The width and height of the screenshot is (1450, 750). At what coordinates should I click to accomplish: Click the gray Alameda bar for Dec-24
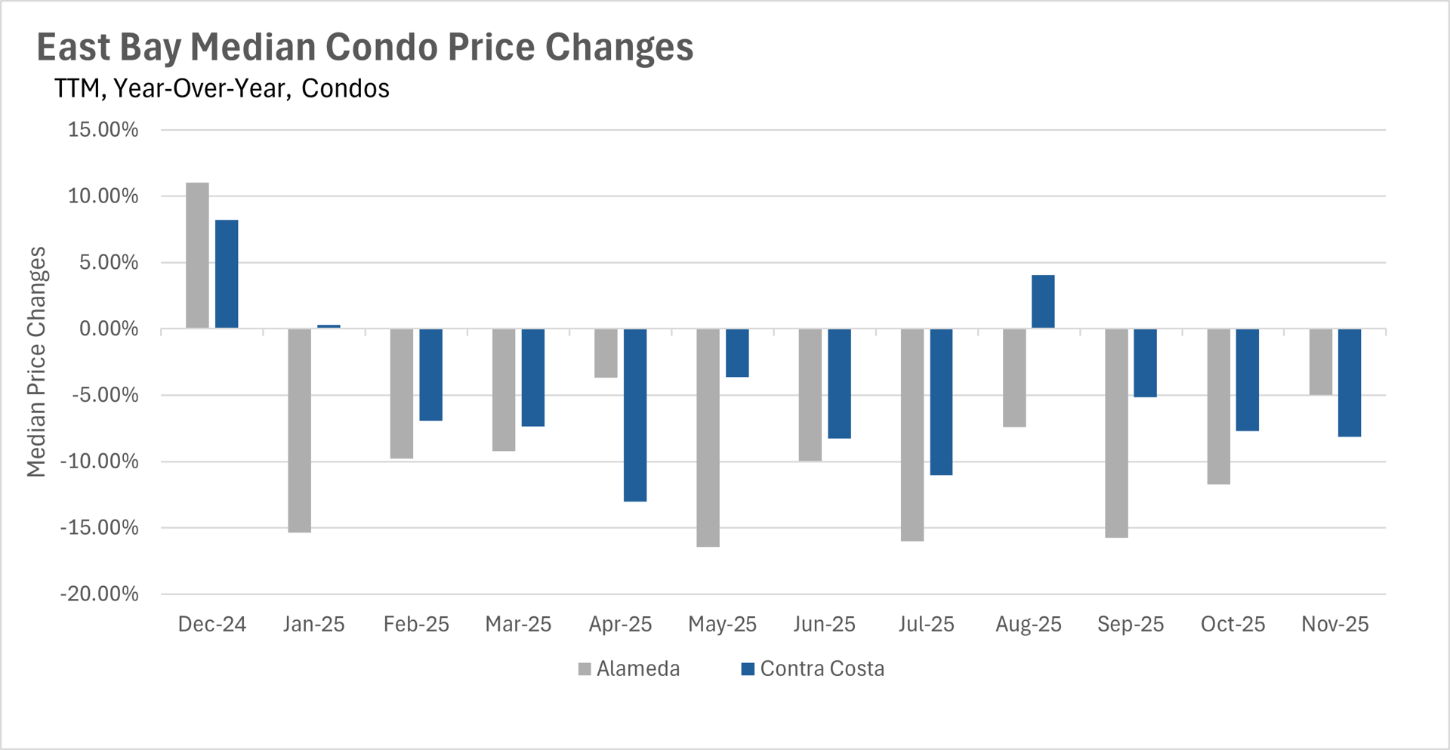pyautogui.click(x=197, y=255)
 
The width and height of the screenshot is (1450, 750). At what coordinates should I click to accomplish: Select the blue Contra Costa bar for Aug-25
pyautogui.click(x=1043, y=301)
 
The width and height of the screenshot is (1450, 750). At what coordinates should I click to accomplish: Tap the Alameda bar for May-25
pyautogui.click(x=708, y=437)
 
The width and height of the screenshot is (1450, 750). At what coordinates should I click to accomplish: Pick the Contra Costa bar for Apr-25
pyautogui.click(x=635, y=415)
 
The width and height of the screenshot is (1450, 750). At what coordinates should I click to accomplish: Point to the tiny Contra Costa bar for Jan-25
pyautogui.click(x=329, y=326)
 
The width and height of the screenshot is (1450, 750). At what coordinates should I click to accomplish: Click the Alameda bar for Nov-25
pyautogui.click(x=1320, y=362)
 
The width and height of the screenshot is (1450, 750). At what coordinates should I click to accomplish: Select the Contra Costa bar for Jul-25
pyautogui.click(x=941, y=402)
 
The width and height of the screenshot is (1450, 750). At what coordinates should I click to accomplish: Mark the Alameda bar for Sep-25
pyautogui.click(x=1116, y=433)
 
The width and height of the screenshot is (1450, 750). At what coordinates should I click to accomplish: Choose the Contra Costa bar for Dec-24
pyautogui.click(x=227, y=274)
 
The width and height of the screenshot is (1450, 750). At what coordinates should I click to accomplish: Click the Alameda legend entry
pyautogui.click(x=629, y=668)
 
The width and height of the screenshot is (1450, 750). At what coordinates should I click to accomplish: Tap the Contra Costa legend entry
pyautogui.click(x=813, y=668)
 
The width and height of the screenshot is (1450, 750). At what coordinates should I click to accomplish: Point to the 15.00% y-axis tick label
pyautogui.click(x=103, y=130)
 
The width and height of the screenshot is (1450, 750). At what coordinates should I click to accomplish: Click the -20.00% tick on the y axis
pyautogui.click(x=100, y=594)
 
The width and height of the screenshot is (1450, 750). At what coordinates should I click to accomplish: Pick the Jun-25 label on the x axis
pyautogui.click(x=824, y=624)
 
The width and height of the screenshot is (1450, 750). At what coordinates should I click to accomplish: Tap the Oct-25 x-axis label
pyautogui.click(x=1232, y=624)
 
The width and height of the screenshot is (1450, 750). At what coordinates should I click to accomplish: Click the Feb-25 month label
pyautogui.click(x=416, y=624)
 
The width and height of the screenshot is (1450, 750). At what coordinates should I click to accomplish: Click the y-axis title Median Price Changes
pyautogui.click(x=36, y=362)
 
